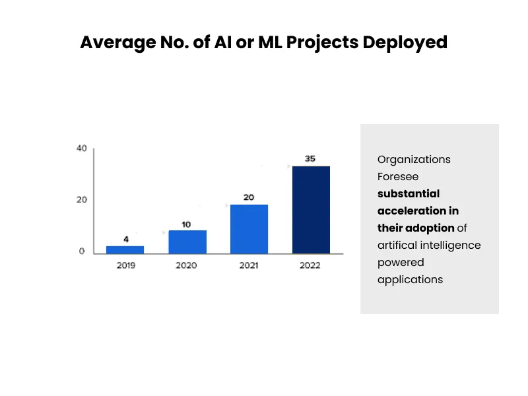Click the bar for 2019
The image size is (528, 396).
tap(125, 249)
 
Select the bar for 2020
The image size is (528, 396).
tap(187, 242)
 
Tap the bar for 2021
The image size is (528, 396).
tap(249, 229)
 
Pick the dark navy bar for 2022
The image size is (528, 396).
tap(311, 210)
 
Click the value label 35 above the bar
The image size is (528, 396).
tap(310, 159)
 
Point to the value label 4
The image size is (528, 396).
tap(126, 239)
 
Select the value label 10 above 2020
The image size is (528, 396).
tap(186, 224)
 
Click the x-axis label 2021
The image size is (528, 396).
tap(249, 265)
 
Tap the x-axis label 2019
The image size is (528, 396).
tap(125, 265)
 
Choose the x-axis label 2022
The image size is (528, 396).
tap(310, 265)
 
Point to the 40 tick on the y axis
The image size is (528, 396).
tap(81, 148)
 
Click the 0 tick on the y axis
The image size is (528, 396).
tap(82, 251)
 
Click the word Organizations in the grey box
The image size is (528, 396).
tap(414, 160)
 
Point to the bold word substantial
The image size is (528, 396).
tap(409, 194)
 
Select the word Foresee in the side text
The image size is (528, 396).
tap(398, 177)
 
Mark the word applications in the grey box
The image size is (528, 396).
tap(410, 280)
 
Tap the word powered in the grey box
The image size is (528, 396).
tap(401, 263)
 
